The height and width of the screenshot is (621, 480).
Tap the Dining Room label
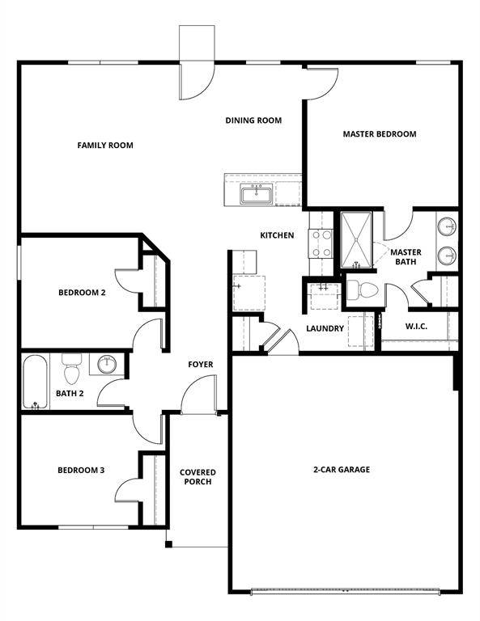coord(253,120)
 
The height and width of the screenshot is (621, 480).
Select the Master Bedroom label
coord(380,134)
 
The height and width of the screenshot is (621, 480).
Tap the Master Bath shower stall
coord(357,239)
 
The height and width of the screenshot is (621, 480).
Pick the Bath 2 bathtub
coord(35,382)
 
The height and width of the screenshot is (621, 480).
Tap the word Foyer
coord(201,365)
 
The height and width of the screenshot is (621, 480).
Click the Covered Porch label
coord(196,477)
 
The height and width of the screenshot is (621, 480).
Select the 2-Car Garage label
coord(342,469)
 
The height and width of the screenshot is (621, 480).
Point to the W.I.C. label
coord(416,327)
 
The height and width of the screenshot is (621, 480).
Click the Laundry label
coord(325,328)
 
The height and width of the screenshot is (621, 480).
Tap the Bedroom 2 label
coord(82,293)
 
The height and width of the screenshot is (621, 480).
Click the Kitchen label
coord(277,235)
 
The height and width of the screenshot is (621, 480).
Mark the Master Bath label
coord(406,257)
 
